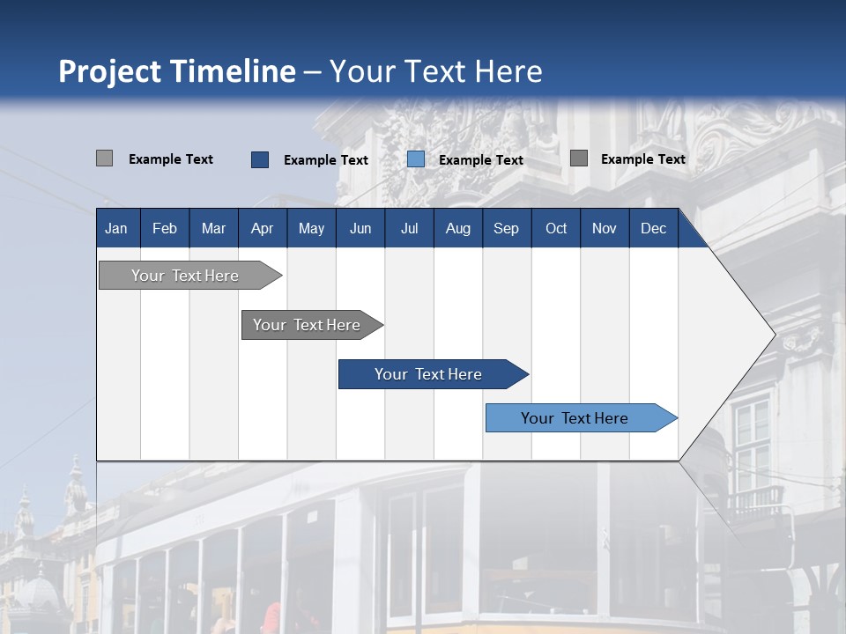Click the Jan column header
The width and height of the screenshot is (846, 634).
point(116,228)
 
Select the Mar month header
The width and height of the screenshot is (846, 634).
point(213,228)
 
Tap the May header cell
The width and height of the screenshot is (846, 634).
point(311,228)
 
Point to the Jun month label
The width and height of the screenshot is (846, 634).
point(360,228)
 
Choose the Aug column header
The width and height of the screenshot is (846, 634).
point(458,228)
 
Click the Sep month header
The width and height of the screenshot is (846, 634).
point(506,228)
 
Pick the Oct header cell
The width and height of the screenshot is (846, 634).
point(556,228)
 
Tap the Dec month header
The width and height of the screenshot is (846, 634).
point(653,228)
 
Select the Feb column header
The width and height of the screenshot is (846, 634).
point(165,228)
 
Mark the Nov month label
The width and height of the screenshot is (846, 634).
point(605,228)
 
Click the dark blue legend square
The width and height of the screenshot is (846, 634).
point(260,159)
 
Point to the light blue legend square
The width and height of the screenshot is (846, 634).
point(416,159)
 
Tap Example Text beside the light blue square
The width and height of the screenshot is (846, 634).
point(480,160)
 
